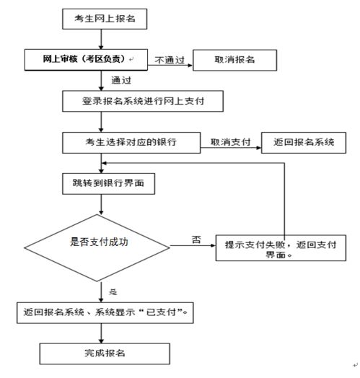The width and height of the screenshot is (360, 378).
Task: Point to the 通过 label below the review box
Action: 121,80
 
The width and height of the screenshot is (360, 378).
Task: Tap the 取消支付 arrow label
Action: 231,142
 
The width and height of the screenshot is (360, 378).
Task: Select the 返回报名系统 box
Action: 304,142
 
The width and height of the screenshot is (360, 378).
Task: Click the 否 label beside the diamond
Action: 196,240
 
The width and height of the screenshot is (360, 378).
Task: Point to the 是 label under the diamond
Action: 113,292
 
